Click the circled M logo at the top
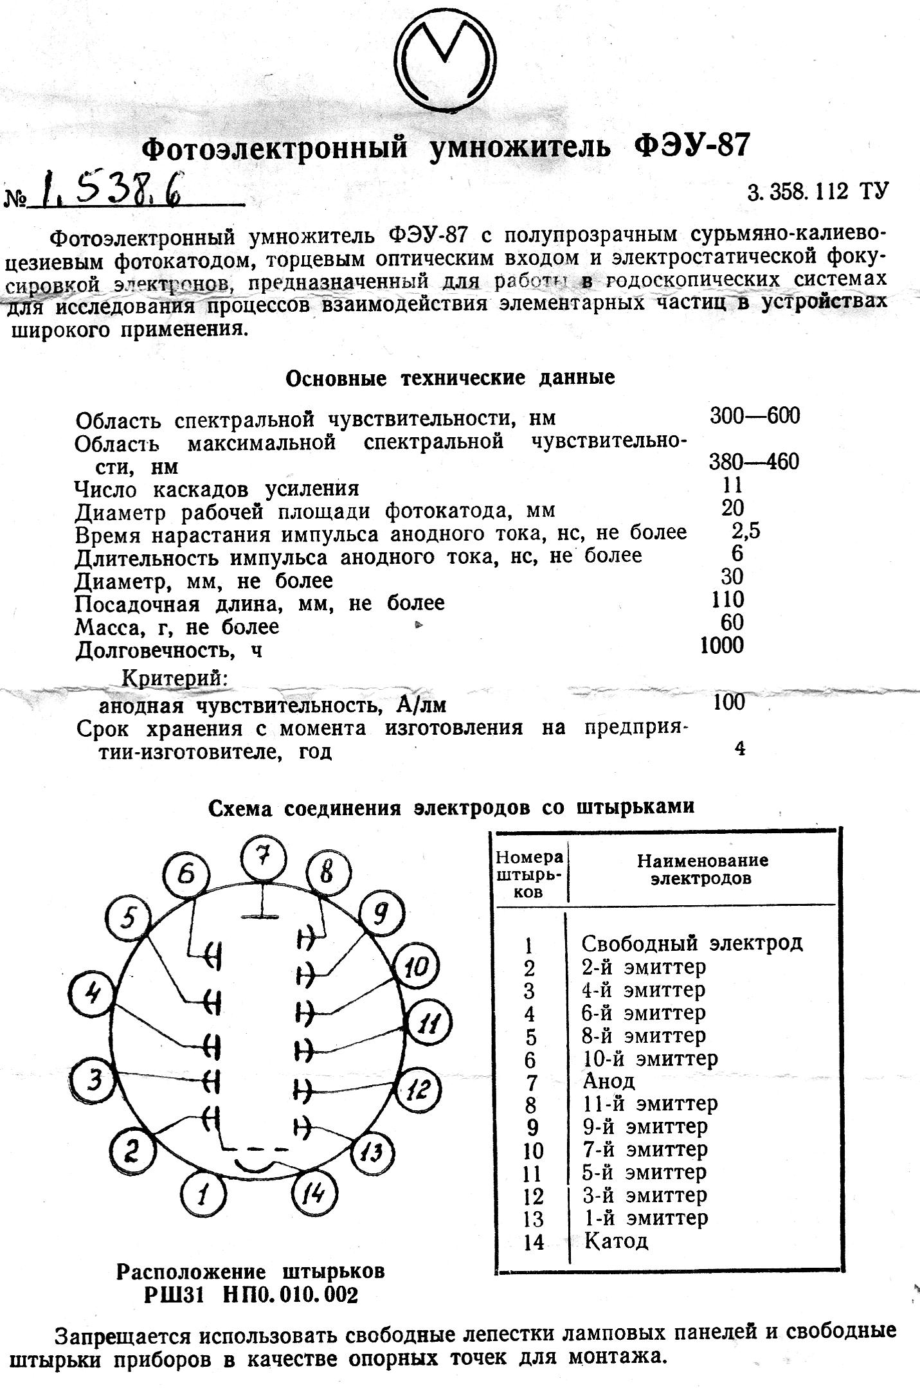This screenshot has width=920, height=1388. (446, 62)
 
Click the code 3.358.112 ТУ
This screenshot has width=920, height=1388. (817, 192)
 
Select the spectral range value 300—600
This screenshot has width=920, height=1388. (755, 416)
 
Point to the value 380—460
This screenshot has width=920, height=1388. (753, 462)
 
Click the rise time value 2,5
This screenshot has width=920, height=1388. (745, 531)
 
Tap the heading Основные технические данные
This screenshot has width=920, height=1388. (450, 377)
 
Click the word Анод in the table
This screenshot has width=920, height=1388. (608, 1081)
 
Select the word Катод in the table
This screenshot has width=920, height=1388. (616, 1240)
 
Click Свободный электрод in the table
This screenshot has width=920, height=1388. (692, 943)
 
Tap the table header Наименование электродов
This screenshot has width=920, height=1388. (702, 869)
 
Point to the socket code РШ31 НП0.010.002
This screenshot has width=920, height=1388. (251, 1295)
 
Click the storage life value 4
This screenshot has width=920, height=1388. (739, 748)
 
